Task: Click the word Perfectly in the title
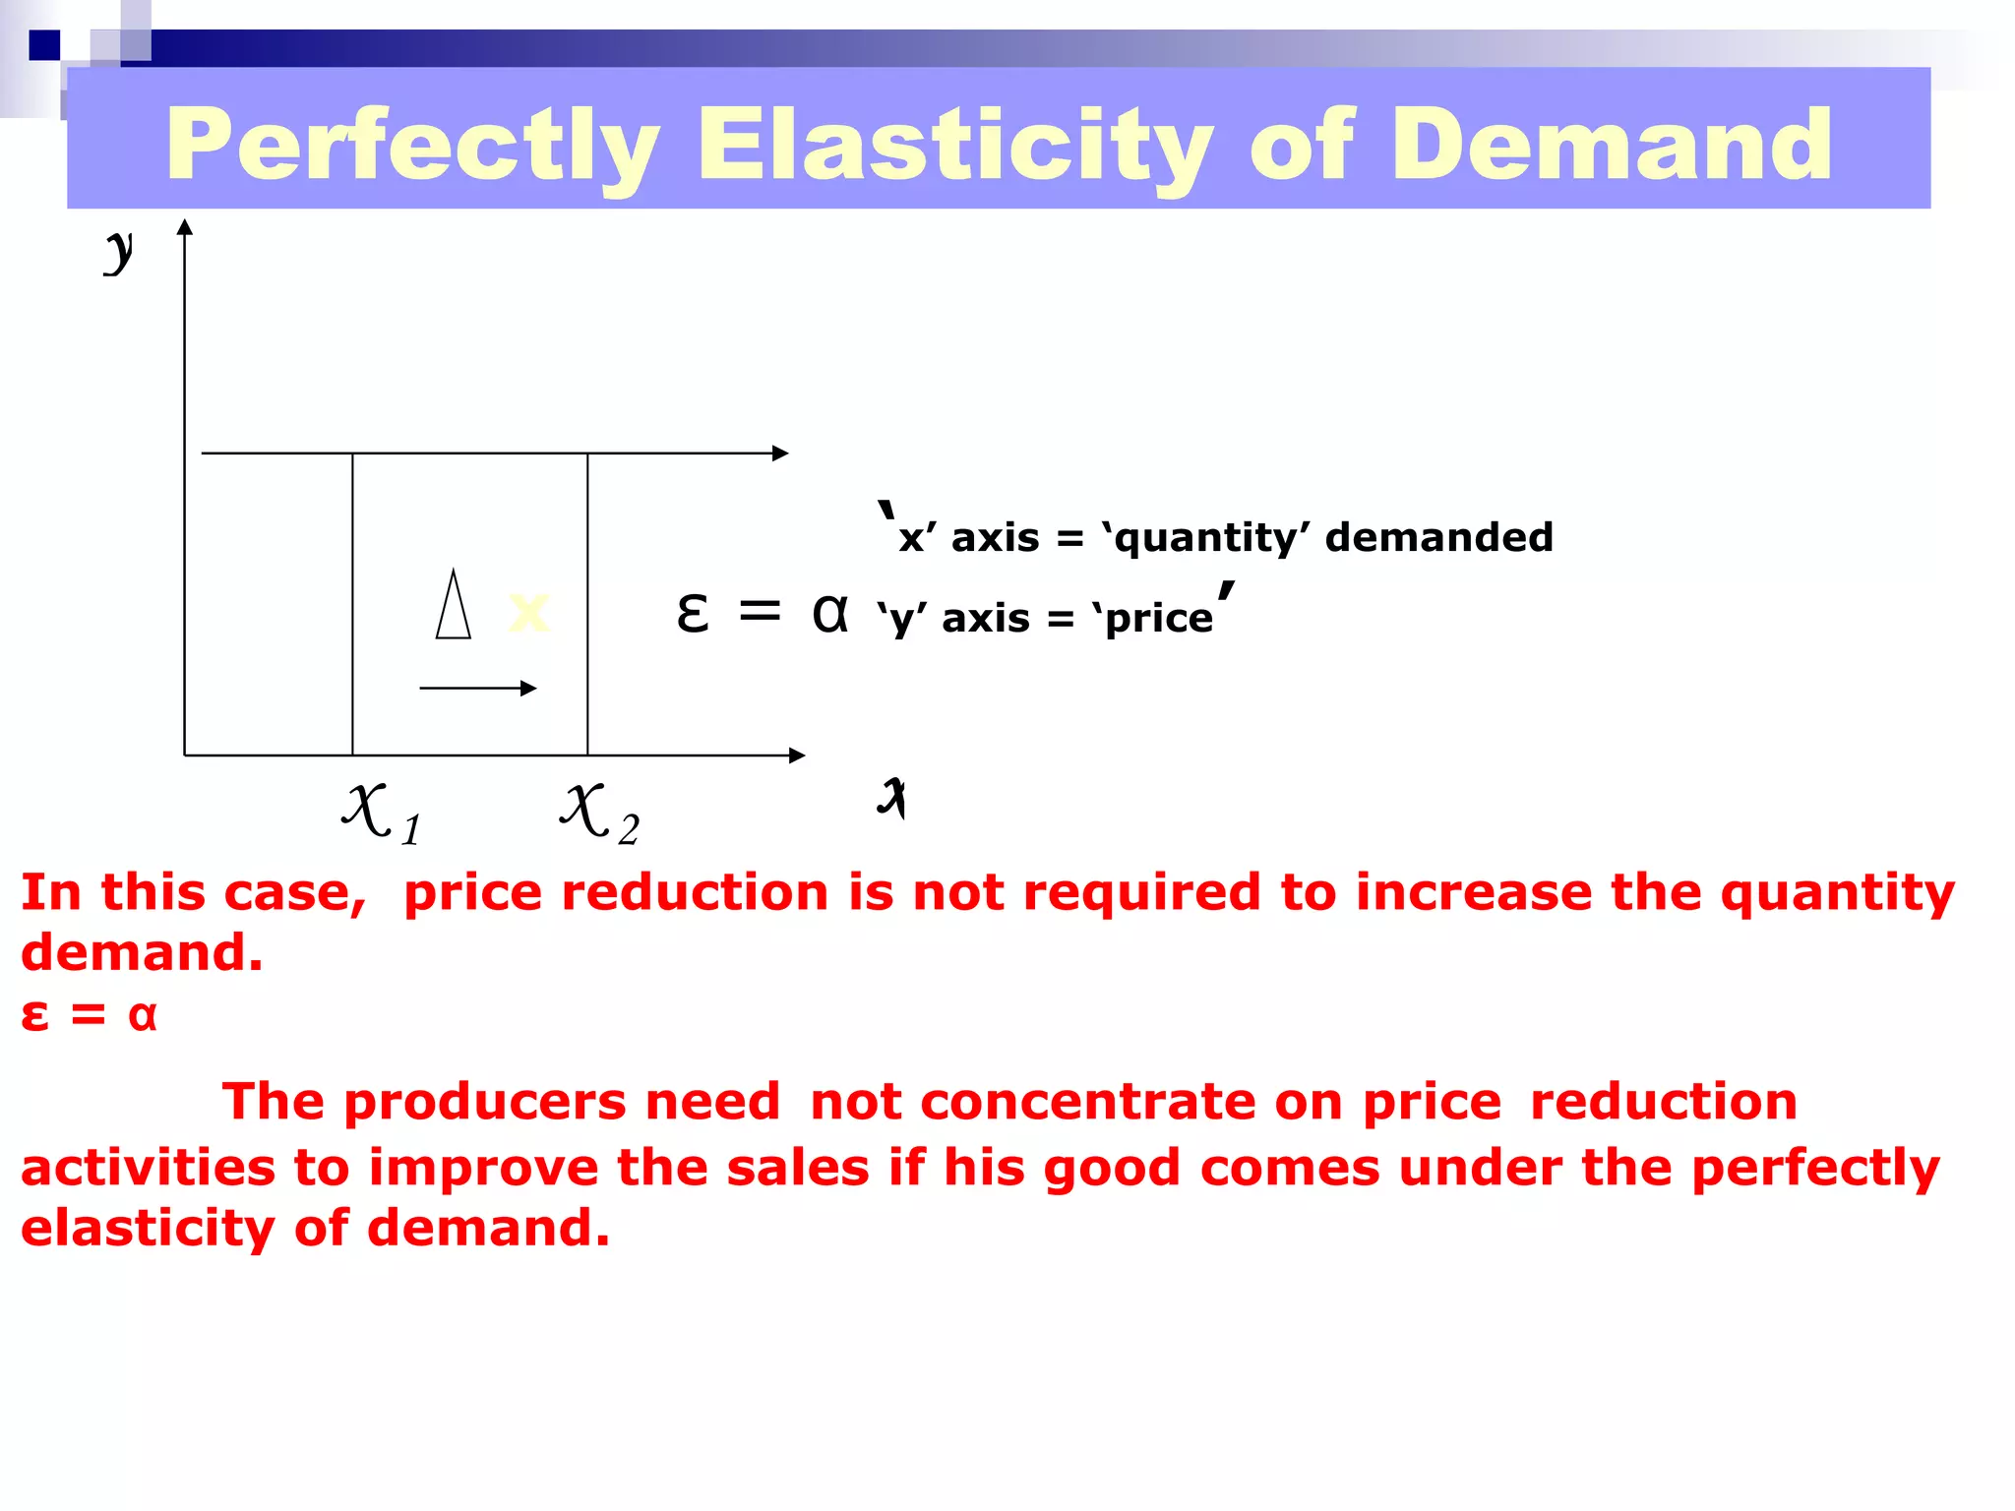click(x=413, y=148)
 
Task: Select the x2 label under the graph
click(x=600, y=814)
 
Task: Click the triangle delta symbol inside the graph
click(x=454, y=606)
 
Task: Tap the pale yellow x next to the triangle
click(x=528, y=612)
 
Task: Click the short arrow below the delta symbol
click(x=478, y=688)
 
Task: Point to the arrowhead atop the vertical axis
click(x=184, y=227)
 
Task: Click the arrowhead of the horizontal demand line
click(x=781, y=453)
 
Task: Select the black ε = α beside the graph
click(x=762, y=613)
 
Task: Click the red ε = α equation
click(x=89, y=1014)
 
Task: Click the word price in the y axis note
click(x=1159, y=619)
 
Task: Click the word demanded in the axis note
click(x=1438, y=538)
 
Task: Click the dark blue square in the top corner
click(x=44, y=45)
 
